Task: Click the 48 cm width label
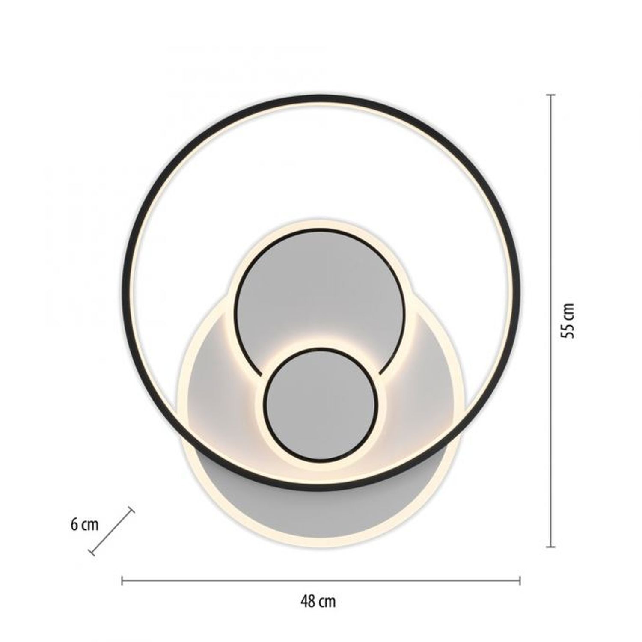click(x=318, y=602)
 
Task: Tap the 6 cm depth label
click(x=84, y=525)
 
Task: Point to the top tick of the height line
click(x=551, y=95)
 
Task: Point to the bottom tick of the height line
click(x=551, y=547)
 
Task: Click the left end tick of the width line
click(x=122, y=581)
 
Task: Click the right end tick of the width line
click(x=520, y=581)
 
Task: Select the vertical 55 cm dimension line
click(x=551, y=214)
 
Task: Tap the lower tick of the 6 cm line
click(x=91, y=553)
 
